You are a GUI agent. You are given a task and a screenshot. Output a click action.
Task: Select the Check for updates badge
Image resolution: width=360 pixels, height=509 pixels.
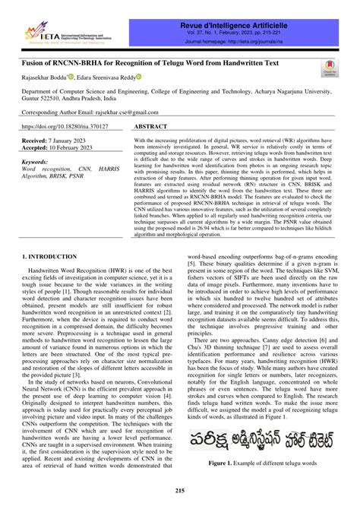pyautogui.click(x=330, y=69)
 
